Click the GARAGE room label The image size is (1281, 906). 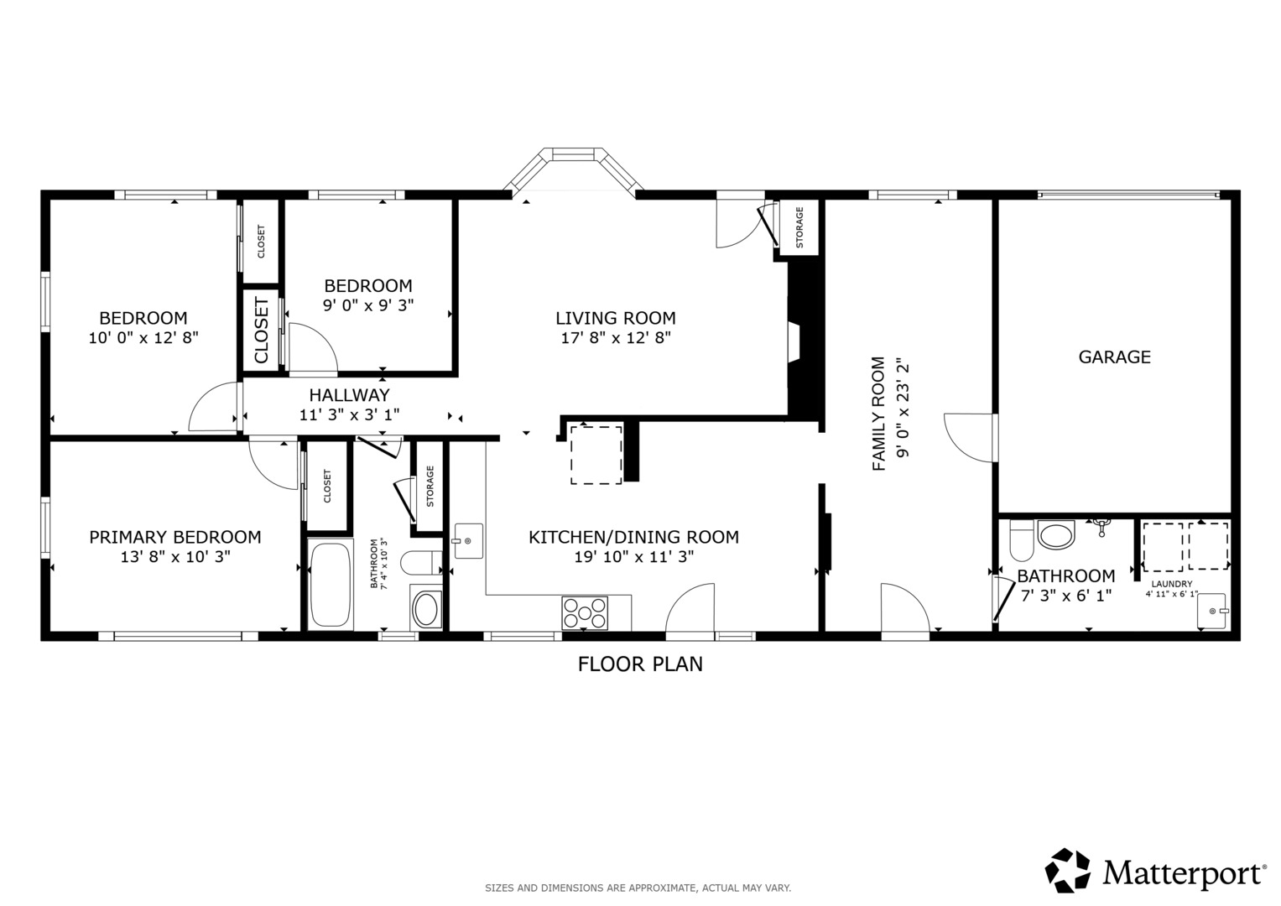1114,357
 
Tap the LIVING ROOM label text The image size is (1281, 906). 616,318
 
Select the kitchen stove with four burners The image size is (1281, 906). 585,612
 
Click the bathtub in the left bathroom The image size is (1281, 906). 330,585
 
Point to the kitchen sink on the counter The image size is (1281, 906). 468,540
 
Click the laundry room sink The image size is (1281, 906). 1212,611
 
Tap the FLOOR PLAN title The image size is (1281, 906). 640,664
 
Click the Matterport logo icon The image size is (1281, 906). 1067,870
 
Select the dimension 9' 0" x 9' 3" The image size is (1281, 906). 368,305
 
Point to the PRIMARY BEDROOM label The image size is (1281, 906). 175,537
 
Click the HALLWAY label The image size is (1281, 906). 350,395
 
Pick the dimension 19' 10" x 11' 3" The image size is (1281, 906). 633,556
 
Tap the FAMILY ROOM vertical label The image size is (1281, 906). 878,414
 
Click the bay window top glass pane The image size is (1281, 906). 574,154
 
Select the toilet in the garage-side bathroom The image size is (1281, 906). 1022,540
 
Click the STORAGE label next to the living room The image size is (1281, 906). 799,227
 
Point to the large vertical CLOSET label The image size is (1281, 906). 261,329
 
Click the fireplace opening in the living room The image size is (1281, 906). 794,341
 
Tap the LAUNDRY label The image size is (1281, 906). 1172,584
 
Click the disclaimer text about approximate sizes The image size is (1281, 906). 638,888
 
